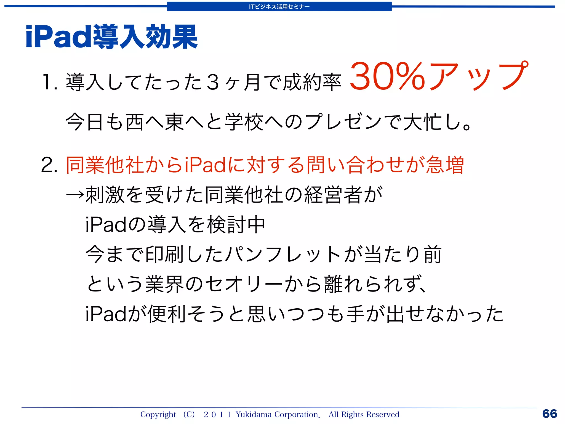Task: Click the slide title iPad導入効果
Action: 111,37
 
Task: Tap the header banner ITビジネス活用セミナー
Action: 279,7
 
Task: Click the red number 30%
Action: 387,76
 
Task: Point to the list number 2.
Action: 49,165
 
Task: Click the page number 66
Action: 550,414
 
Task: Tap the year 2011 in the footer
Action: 217,414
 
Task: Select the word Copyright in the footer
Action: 158,414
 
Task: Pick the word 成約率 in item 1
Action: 312,82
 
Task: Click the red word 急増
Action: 445,165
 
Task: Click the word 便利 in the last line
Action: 167,314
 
